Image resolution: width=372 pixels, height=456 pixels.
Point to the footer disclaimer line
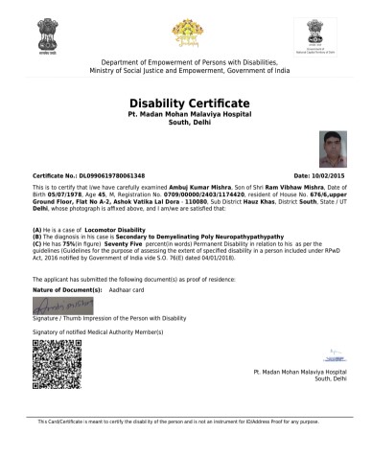pyautogui.click(x=186, y=422)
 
